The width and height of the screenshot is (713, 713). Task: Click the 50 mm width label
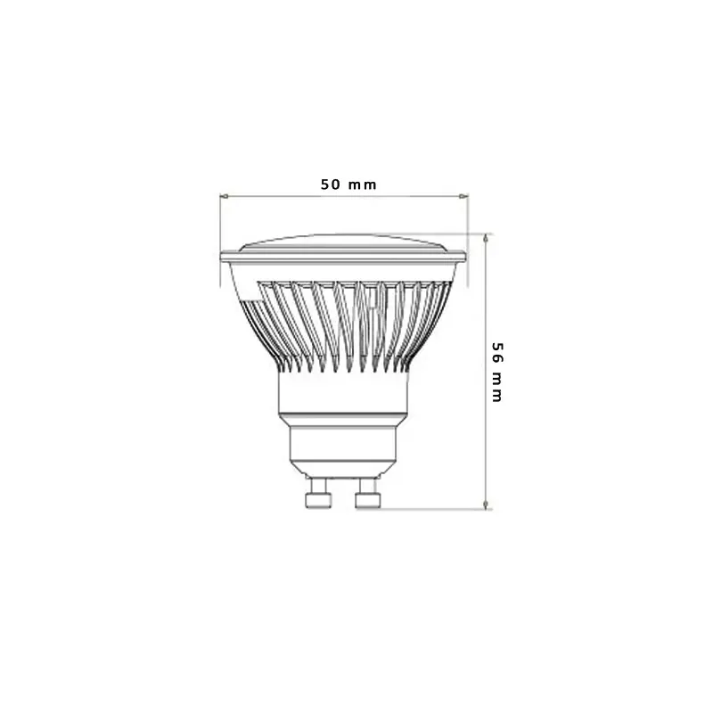pos(348,184)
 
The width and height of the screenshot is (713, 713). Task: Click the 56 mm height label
pos(497,373)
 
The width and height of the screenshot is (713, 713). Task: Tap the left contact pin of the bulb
pos(318,494)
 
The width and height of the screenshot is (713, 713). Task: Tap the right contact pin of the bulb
pos(367,494)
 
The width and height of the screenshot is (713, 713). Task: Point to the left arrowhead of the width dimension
pos(224,196)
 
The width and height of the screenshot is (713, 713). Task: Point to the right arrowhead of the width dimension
pos(463,196)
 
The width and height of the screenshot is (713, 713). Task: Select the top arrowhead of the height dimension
pos(486,238)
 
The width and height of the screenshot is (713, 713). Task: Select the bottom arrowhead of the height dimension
pos(486,504)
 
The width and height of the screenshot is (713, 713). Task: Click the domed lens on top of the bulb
pos(343,242)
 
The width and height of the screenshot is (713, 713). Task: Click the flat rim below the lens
pos(343,257)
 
